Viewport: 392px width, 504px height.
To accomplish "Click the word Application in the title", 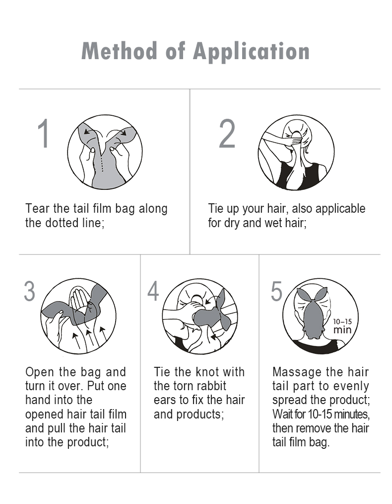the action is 251,51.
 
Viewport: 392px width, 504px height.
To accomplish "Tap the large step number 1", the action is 43,133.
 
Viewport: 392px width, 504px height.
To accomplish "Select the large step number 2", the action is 227,133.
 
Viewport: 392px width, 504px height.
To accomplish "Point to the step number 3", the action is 29,291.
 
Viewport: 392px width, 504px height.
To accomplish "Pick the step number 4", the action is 153,291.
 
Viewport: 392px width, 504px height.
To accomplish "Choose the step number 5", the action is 276,291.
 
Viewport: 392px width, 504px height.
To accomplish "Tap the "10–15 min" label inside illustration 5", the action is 342,326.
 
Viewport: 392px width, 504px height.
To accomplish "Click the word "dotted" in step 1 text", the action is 61,223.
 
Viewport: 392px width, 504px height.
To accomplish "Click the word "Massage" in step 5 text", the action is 294,372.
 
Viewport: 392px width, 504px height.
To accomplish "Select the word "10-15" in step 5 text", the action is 321,414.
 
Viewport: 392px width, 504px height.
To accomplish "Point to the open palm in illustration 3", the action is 78,301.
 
